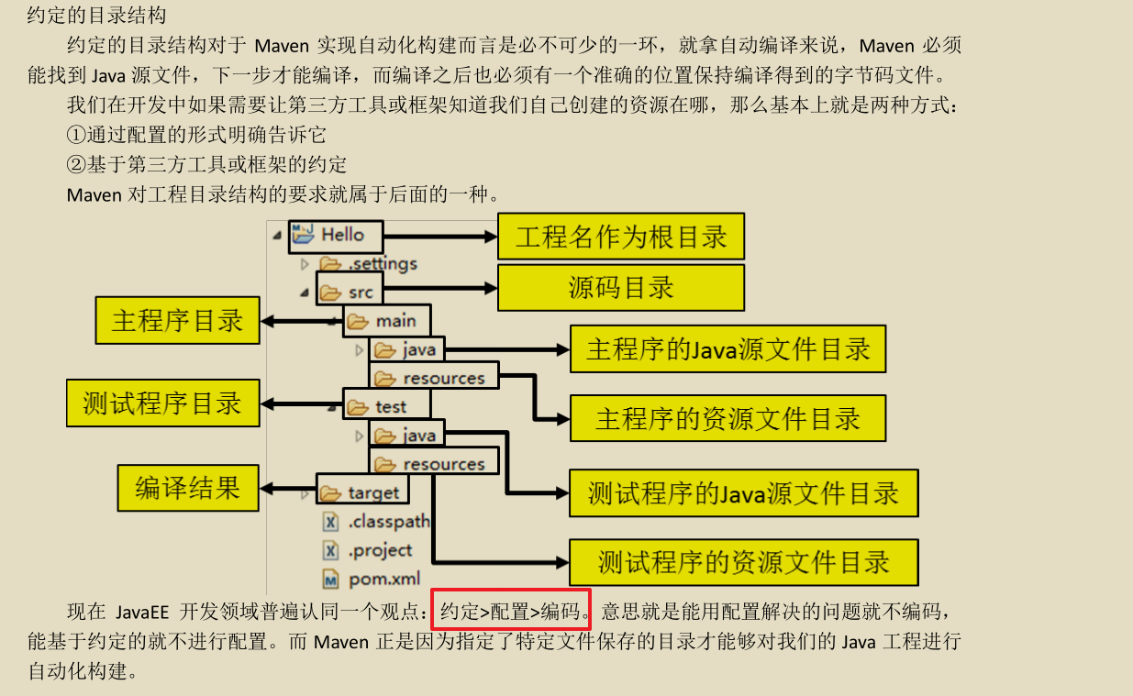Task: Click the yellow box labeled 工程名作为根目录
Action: [x=621, y=237]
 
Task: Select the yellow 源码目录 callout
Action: [x=621, y=288]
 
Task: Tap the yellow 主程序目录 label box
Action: [x=177, y=320]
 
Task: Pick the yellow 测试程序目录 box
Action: [x=162, y=403]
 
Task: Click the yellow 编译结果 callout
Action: [x=188, y=487]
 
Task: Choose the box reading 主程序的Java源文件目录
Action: [x=728, y=348]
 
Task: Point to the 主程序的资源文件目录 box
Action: [x=728, y=418]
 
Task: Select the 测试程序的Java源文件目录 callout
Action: [x=743, y=492]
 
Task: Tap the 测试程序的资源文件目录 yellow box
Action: [x=743, y=561]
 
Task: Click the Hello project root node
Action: [x=335, y=235]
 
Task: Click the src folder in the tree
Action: [x=350, y=293]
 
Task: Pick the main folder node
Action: [x=386, y=321]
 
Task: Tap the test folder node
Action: [x=380, y=406]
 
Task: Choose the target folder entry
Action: [x=361, y=492]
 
